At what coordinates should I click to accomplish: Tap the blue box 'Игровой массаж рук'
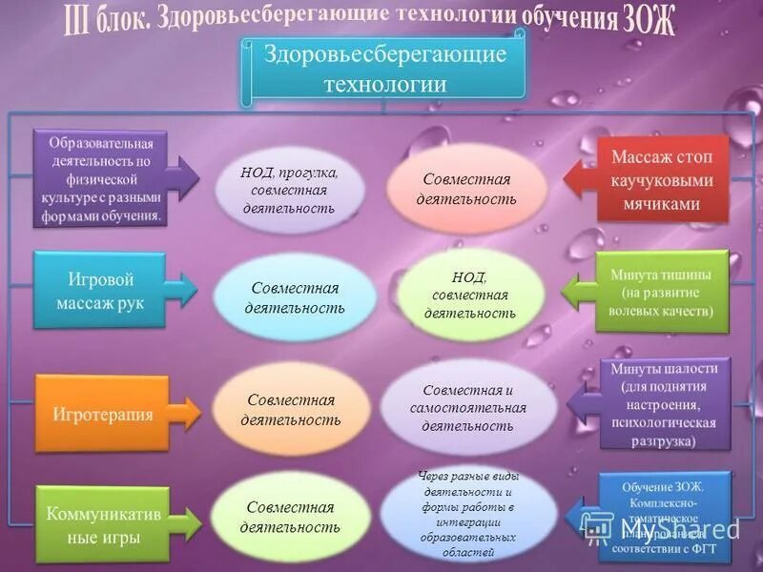[99, 291]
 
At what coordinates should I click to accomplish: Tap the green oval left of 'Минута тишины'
[469, 295]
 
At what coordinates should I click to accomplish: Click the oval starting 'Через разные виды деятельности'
[469, 515]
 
